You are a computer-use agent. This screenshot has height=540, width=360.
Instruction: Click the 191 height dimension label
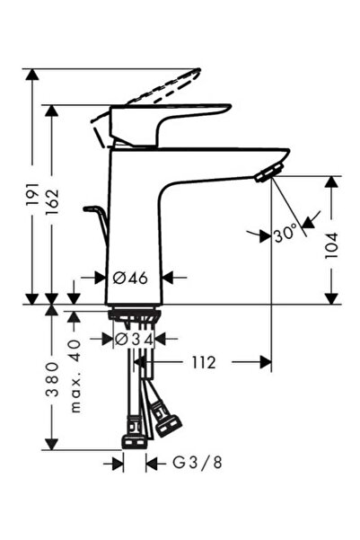pos(32,195)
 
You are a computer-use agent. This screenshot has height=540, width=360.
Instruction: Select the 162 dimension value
pos(52,202)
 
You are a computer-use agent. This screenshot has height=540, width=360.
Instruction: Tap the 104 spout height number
pos(331,245)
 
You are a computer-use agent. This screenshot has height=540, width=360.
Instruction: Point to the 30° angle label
pos(285,235)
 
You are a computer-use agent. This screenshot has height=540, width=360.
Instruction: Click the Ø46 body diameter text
pos(131,278)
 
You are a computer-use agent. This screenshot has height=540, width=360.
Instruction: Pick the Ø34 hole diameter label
pos(134,340)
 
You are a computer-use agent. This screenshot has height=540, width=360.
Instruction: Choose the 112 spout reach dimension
pos(204,362)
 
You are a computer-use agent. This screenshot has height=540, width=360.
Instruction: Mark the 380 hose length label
pos(52,379)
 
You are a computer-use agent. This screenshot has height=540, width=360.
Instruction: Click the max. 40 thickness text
pos(75,376)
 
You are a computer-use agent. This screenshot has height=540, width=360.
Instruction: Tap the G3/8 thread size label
pos(198,464)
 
